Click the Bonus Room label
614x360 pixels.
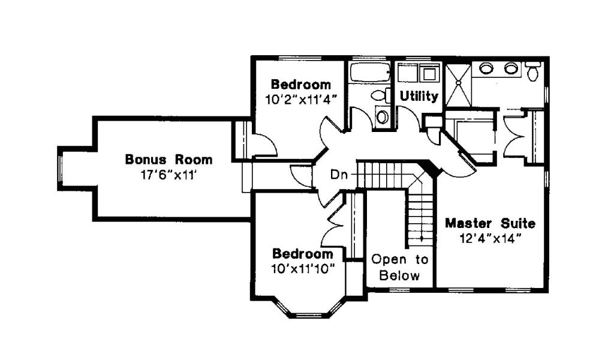coord(168,160)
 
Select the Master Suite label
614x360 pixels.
coord(490,224)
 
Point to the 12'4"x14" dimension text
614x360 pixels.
coord(490,238)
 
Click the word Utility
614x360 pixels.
coord(419,96)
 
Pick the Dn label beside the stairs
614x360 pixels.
coord(337,175)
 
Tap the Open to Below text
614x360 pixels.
coord(400,268)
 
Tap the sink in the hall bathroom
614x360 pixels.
coord(381,116)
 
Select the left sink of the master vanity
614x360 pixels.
coord(486,68)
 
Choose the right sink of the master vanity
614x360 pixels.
coord(510,68)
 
